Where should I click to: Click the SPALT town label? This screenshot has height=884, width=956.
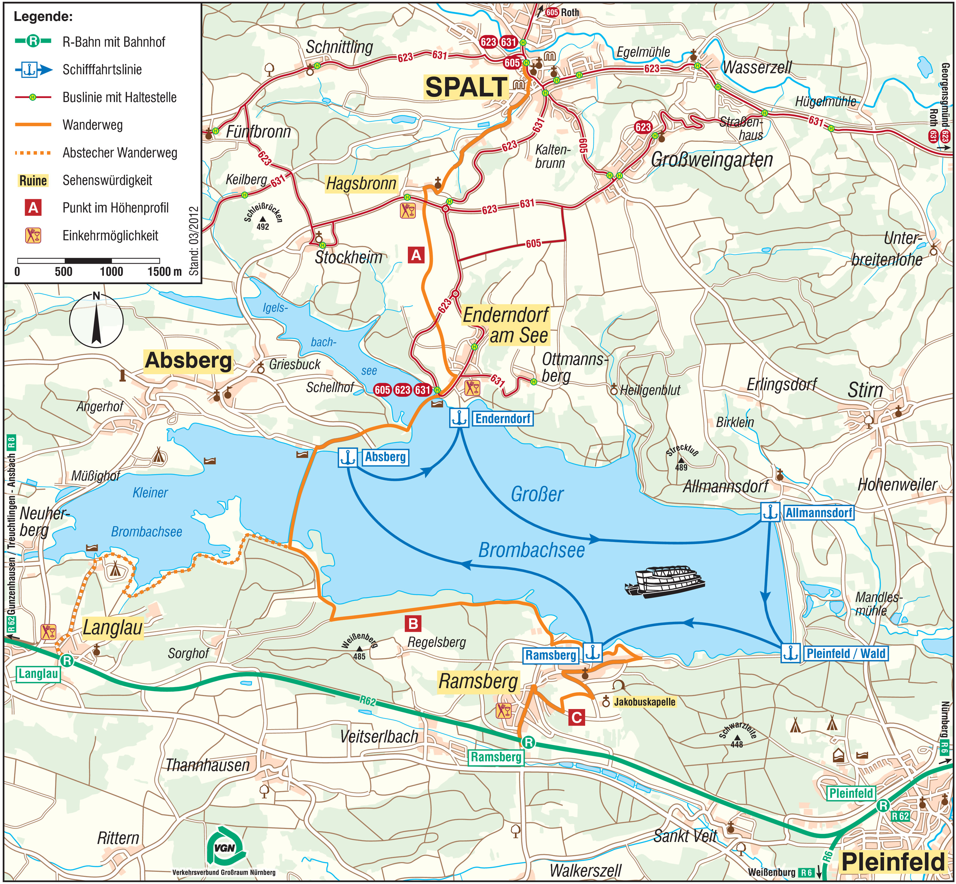point(466,88)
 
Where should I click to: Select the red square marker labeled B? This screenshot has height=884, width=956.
point(413,623)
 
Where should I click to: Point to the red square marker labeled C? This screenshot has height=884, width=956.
point(576,718)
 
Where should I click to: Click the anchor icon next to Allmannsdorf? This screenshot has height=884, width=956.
point(770,513)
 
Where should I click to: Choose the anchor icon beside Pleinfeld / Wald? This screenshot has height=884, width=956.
point(791,653)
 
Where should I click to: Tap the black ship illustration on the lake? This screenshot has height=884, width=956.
point(665,582)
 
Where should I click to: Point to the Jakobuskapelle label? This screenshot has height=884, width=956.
point(644,702)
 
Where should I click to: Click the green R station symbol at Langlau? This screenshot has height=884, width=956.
point(67,661)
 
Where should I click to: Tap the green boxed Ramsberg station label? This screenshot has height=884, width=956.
point(496,757)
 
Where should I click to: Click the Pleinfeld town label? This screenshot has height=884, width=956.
point(893,862)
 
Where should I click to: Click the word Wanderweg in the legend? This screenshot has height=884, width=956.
point(92,125)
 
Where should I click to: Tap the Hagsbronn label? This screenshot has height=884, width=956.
point(361,184)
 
